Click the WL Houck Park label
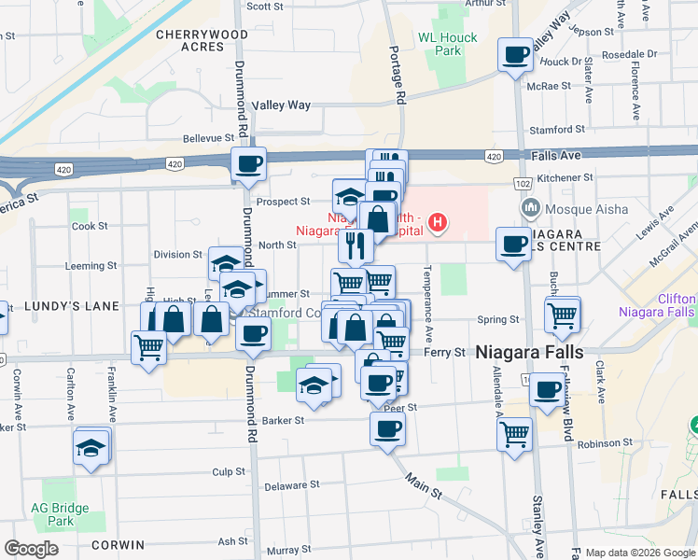click(x=448, y=44)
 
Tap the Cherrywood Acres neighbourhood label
click(x=189, y=39)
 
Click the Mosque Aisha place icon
click(x=530, y=206)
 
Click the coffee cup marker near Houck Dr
click(x=515, y=55)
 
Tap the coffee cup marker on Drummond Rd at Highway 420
click(x=249, y=164)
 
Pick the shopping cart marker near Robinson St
click(x=514, y=433)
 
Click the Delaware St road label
click(x=291, y=485)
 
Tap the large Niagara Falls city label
click(x=529, y=352)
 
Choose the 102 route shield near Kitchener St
click(x=522, y=185)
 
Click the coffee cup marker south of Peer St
click(x=387, y=429)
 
